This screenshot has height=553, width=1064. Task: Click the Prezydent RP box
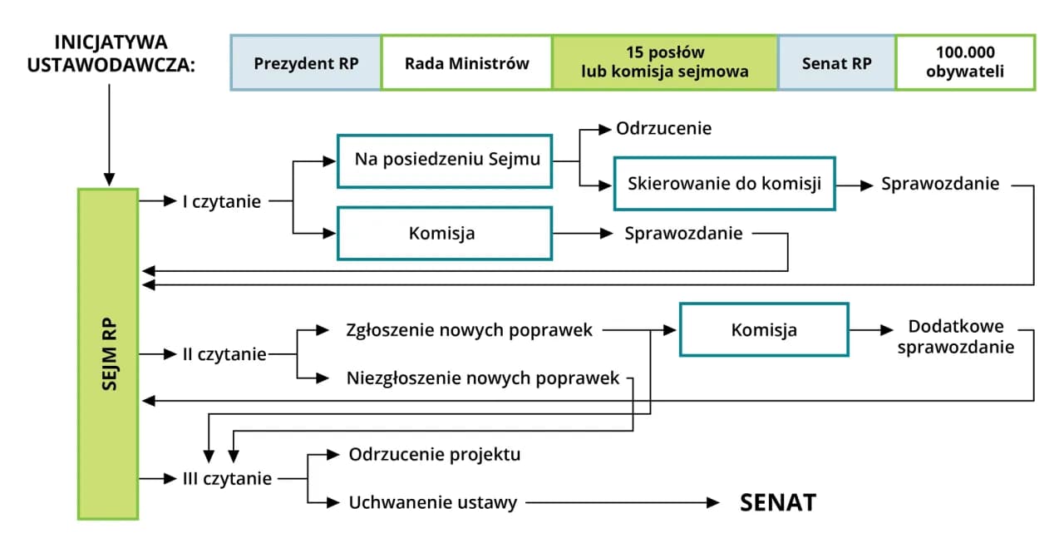306,62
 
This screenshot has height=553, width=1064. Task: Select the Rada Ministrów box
466,62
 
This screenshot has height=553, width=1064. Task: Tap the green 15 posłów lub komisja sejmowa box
665,62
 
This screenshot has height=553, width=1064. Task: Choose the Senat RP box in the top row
836,62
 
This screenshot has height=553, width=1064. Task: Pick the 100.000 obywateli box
965,62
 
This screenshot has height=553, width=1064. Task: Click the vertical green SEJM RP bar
108,353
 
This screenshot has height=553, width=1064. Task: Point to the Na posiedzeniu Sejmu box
445,160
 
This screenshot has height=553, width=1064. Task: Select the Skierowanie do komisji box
724,183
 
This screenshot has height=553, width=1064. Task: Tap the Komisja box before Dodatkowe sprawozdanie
764,330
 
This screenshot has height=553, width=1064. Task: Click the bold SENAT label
778,502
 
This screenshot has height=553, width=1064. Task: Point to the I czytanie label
222,201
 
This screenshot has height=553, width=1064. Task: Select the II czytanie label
224,355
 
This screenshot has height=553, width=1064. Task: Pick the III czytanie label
227,479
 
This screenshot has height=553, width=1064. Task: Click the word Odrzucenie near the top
663,129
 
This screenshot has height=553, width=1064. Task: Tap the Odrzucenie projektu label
435,455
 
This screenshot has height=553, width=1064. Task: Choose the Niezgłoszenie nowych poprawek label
483,378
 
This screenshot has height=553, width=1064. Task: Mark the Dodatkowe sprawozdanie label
956,337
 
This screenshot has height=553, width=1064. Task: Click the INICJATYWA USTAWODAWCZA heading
110,53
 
